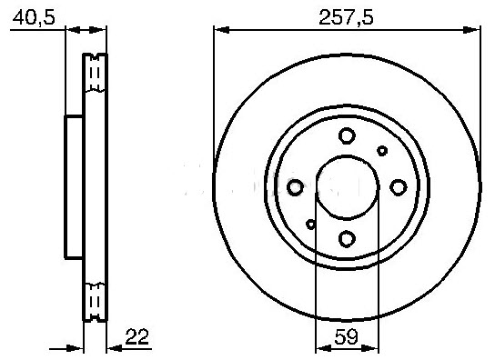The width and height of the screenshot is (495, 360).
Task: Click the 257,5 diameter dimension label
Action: [x=346, y=17]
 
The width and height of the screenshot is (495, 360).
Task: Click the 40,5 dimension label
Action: [x=34, y=17]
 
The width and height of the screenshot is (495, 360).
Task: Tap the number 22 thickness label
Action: [x=136, y=336]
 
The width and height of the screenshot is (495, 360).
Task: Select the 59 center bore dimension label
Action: [x=347, y=336]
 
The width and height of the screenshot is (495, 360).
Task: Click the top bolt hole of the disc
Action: [x=347, y=135]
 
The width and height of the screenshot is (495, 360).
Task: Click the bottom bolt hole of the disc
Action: [x=347, y=239]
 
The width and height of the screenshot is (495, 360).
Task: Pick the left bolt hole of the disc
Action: [x=295, y=187]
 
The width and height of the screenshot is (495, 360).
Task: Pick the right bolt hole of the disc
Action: [x=399, y=187]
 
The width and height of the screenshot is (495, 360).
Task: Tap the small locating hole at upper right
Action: [x=382, y=151]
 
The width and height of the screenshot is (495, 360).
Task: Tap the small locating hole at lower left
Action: [x=311, y=224]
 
